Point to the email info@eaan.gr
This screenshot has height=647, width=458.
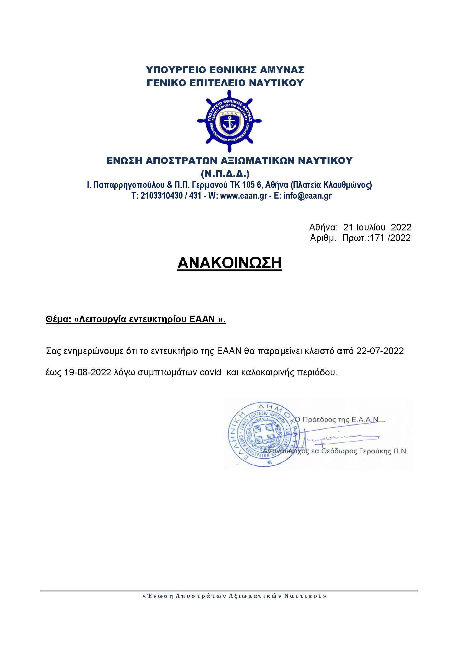point(307,196)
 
